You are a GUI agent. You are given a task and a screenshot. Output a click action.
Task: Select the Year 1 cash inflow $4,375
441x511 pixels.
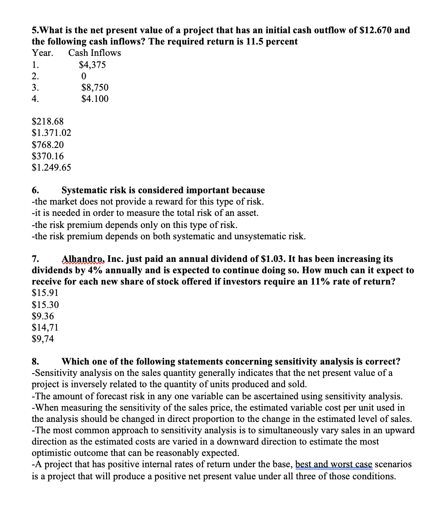pos(93,65)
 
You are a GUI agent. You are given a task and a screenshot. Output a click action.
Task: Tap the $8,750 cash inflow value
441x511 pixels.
pos(95,88)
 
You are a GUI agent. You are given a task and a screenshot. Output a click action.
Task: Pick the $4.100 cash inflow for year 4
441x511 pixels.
pos(95,99)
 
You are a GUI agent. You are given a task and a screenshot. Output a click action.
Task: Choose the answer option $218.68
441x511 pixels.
pos(48,122)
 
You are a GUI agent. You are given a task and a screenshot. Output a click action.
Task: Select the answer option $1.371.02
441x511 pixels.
pos(51,133)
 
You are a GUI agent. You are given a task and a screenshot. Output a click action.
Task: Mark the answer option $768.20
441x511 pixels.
pos(48,145)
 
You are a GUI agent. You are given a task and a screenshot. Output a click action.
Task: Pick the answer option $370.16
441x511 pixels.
pos(48,156)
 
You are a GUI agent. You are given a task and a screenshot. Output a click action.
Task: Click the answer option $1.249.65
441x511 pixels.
pos(51,167)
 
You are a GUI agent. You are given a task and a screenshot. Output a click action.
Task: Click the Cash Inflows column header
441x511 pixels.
pos(95,53)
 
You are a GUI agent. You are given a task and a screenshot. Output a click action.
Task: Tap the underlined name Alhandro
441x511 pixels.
pos(83,259)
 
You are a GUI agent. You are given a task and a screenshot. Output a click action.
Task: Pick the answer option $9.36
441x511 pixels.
pos(43,316)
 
